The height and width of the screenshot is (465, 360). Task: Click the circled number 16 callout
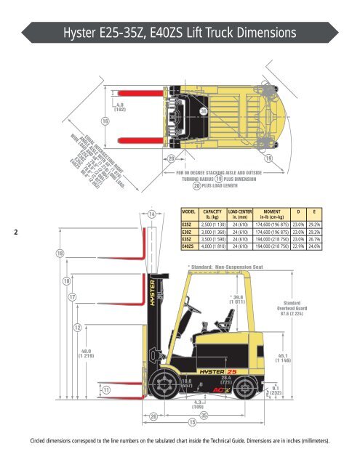coord(105,121)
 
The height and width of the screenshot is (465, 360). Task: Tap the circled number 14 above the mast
coord(151,214)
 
